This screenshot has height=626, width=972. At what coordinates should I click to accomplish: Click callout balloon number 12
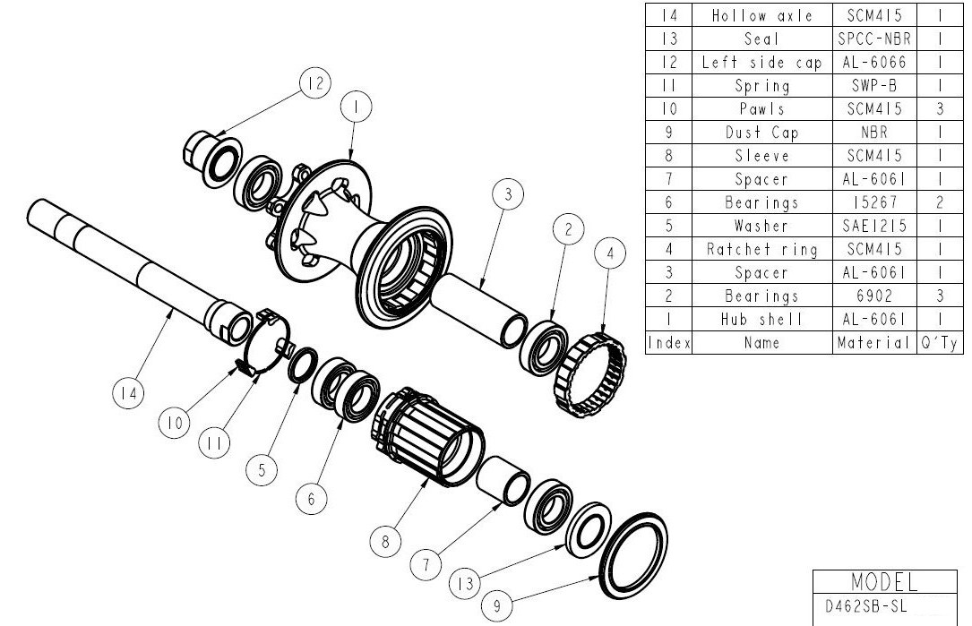tap(314, 84)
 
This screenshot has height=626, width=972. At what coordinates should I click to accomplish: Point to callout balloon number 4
tap(610, 254)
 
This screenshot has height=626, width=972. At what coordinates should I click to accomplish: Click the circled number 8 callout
tap(386, 541)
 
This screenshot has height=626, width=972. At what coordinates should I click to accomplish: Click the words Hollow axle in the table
tap(761, 16)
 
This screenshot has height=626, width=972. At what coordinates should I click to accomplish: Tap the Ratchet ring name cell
tap(761, 249)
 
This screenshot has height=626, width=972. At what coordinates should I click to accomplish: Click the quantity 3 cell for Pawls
tap(939, 109)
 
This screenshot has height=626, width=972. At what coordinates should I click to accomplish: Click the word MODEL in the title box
tap(883, 582)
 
